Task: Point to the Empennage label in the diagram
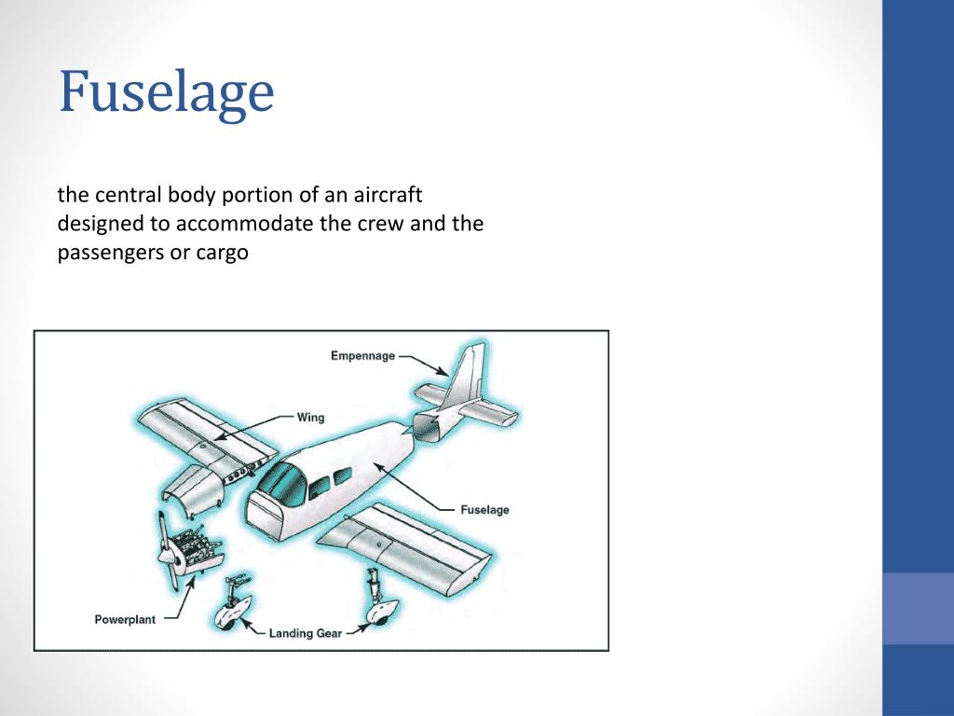click(x=362, y=355)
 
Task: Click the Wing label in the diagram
click(x=310, y=417)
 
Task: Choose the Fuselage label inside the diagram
click(x=484, y=510)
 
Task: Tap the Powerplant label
click(x=125, y=620)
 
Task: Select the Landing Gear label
click(x=306, y=634)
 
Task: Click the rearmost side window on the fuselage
click(x=343, y=476)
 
